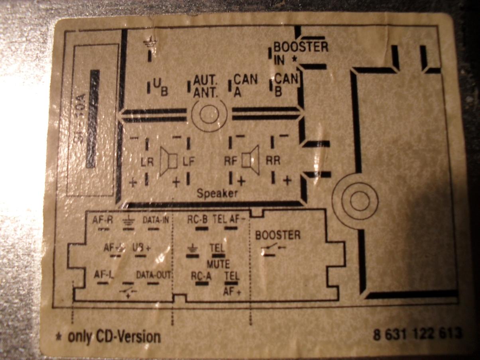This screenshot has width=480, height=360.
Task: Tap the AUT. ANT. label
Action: click(206, 86)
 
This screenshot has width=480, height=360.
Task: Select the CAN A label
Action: click(245, 85)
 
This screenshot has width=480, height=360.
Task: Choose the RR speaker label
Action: click(273, 160)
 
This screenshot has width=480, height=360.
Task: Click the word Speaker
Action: click(217, 193)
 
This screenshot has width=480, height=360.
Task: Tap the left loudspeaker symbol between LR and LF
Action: click(168, 161)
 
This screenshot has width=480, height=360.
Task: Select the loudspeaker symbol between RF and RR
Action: click(252, 159)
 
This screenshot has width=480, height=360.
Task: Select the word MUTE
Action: click(218, 264)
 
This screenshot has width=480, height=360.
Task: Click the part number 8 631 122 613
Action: click(417, 333)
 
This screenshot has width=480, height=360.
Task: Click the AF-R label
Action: click(104, 220)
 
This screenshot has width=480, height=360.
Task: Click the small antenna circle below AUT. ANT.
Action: click(209, 114)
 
